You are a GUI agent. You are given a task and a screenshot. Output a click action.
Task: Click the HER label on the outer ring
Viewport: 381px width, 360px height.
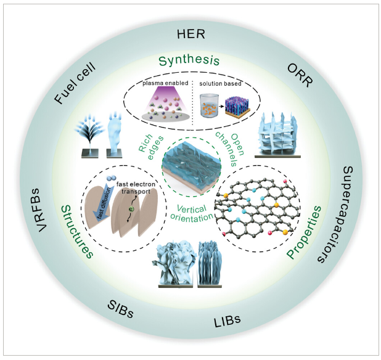click(x=190, y=34)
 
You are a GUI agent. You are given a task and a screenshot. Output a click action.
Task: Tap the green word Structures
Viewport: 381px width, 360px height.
click(x=76, y=232)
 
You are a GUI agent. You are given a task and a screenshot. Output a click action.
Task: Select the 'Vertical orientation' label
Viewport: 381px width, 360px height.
click(x=190, y=211)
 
